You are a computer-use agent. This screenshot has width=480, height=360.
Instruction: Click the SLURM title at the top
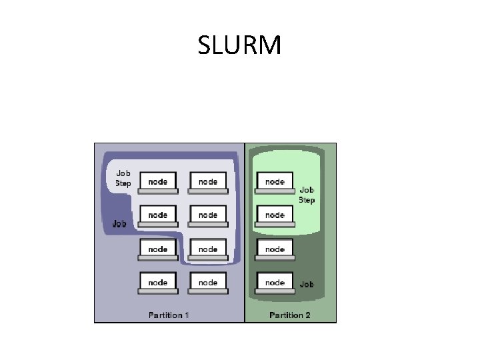point(239,46)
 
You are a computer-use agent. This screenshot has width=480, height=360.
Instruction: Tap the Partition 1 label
point(169,315)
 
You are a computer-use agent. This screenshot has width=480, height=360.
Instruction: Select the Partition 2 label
point(290,315)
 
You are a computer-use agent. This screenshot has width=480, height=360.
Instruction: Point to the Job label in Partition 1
point(119,224)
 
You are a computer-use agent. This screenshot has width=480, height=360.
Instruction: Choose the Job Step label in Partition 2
point(307,195)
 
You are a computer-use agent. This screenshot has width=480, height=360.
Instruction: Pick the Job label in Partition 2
point(307,285)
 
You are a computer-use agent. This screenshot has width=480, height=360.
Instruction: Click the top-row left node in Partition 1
point(158,182)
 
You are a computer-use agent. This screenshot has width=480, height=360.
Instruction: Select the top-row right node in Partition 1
point(208,182)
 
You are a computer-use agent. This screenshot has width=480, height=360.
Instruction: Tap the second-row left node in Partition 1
point(158,215)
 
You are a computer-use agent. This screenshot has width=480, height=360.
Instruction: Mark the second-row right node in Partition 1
point(208,215)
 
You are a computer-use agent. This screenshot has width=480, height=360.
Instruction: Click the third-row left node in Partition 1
point(158,249)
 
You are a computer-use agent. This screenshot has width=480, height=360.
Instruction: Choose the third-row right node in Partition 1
point(208,249)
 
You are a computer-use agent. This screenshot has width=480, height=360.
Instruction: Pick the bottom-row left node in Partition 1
point(158,283)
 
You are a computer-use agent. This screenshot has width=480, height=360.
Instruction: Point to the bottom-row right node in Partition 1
point(208,283)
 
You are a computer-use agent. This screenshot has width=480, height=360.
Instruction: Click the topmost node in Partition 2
point(275,182)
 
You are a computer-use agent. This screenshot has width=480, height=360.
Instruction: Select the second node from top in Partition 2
point(275,215)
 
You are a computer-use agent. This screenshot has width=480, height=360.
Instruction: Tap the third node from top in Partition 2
point(275,249)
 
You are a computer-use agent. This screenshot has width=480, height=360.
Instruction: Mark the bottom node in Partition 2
point(275,283)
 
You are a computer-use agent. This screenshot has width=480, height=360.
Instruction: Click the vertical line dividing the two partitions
point(245,233)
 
